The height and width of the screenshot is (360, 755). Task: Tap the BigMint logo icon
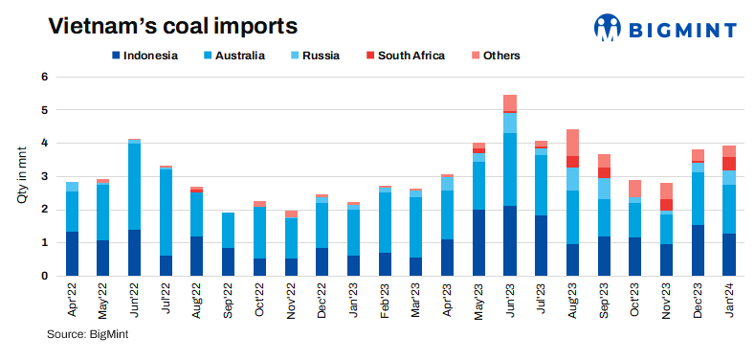coord(608,28)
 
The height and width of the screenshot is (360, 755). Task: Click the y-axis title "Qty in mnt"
coord(20,177)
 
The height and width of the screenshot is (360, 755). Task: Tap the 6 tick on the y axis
coord(44,77)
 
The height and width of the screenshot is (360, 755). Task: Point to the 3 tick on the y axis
coord(44,177)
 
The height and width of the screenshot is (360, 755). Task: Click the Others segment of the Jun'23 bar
coord(510,102)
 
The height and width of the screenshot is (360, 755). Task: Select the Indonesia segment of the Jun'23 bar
coord(510,241)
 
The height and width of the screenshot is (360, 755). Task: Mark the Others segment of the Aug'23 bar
coord(572,143)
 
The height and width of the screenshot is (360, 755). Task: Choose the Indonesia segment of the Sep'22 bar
coord(228,262)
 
